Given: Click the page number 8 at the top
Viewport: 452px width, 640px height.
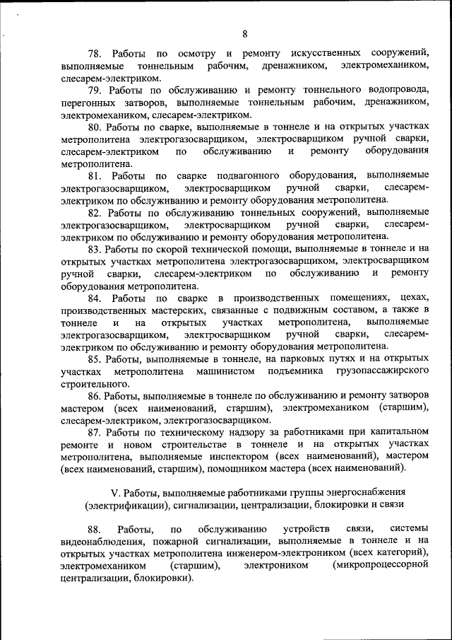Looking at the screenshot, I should (245, 33).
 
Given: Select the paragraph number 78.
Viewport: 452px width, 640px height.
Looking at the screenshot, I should (95, 53).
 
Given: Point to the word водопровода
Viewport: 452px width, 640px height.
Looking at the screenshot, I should (399, 90).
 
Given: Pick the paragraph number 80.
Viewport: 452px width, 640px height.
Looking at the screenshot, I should (95, 127).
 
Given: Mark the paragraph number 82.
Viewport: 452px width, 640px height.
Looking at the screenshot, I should (95, 212).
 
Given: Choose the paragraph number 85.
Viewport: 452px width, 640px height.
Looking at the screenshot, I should (95, 359).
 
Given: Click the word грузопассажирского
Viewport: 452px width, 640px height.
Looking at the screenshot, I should (382, 371).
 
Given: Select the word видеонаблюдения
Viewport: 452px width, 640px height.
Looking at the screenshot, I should (103, 541).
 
